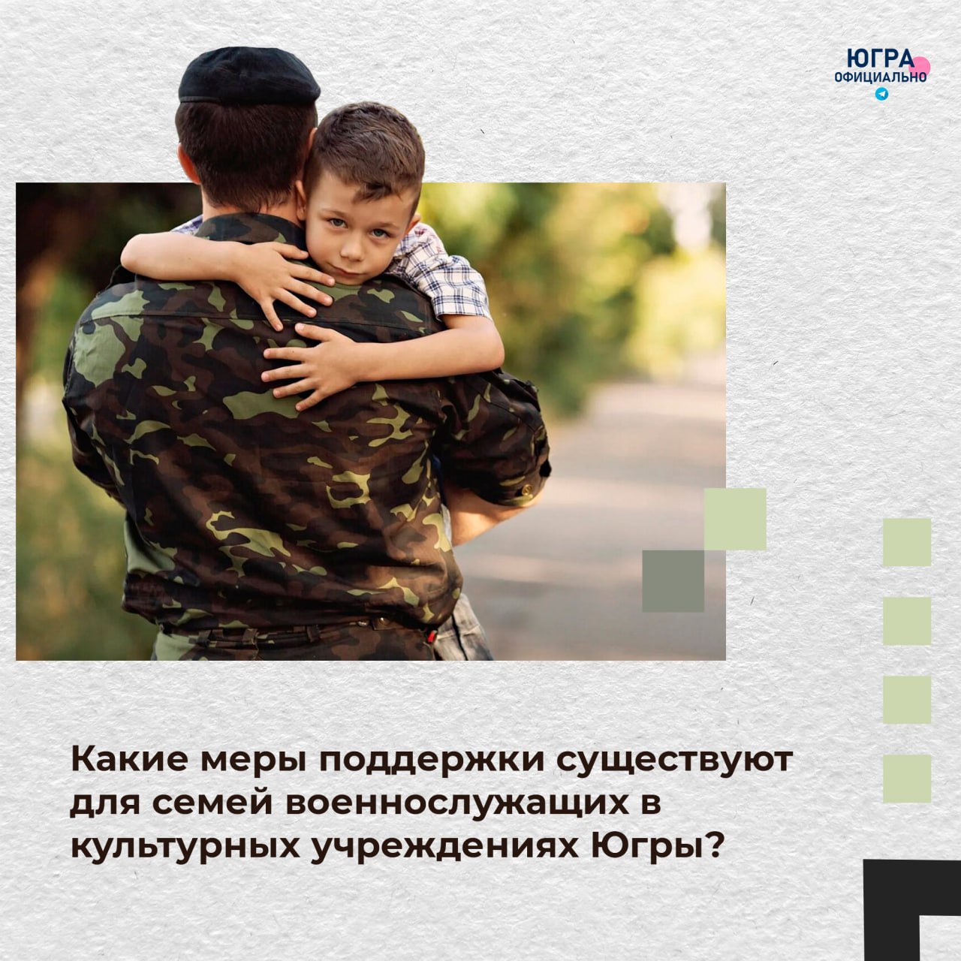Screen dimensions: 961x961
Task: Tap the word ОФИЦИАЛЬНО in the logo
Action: tap(880, 77)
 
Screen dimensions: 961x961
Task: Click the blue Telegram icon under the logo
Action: tap(881, 94)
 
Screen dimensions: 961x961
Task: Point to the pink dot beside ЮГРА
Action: tap(920, 66)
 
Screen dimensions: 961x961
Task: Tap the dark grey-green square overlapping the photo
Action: tap(673, 581)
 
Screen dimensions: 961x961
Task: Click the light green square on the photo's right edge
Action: tap(735, 519)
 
